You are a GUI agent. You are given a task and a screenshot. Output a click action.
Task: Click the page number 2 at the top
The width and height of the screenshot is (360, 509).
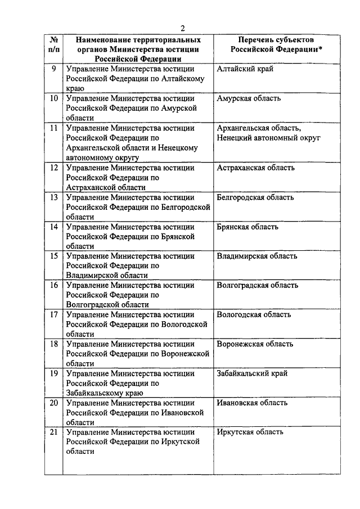point(183,29)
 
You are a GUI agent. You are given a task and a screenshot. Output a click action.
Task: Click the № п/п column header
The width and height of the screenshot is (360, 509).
point(53,44)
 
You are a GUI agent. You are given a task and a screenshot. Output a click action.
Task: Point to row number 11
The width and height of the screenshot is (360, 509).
point(54,128)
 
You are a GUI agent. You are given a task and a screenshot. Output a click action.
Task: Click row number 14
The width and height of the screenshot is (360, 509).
point(54,227)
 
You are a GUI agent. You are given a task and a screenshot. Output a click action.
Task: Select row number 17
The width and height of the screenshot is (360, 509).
point(54,314)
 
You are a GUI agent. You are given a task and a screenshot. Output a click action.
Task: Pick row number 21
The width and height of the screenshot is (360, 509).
point(54,433)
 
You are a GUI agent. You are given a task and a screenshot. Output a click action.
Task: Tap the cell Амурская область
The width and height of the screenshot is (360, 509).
point(248,99)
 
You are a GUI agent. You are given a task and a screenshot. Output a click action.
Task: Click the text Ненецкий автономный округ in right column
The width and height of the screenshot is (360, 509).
point(268,138)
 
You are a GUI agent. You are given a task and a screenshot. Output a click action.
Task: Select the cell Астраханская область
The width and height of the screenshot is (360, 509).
point(255,168)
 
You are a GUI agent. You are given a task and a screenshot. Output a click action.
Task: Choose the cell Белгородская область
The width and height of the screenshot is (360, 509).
point(255,197)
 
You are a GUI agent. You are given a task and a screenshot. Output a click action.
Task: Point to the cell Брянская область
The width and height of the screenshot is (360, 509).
point(247,227)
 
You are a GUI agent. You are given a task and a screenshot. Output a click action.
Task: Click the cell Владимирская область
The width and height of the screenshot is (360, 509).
point(257,256)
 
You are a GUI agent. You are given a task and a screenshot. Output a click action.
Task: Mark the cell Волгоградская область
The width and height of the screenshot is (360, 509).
point(257,286)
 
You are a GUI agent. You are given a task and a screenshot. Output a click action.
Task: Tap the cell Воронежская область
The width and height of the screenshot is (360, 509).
point(254,344)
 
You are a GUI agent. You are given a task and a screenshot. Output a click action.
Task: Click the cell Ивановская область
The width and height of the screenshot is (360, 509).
point(252,403)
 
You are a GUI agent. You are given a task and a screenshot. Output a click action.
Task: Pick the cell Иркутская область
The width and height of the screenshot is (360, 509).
point(250,433)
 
